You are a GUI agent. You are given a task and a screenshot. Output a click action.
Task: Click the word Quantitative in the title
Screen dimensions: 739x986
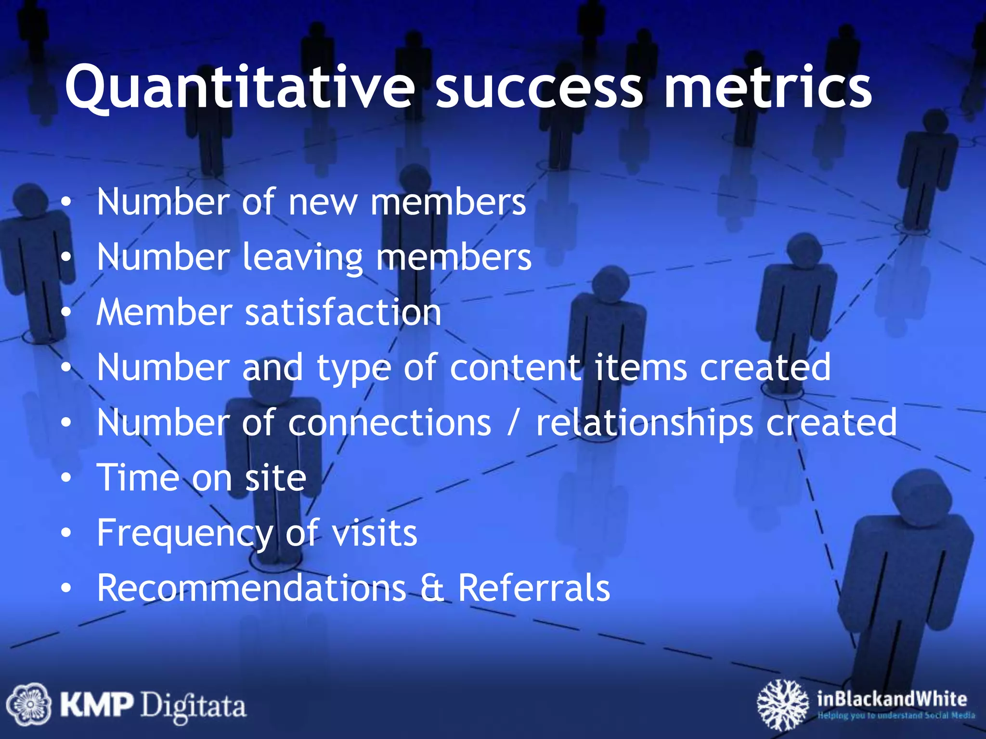239,88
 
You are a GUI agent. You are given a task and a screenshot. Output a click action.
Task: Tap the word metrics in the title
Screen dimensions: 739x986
767,88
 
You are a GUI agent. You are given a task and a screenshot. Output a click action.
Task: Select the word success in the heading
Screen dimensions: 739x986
539,88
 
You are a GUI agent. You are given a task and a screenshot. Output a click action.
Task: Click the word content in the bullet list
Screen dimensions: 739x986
515,368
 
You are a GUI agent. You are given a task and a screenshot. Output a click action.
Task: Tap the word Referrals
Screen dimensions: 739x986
534,588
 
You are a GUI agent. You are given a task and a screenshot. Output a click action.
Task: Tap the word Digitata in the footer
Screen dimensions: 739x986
193,706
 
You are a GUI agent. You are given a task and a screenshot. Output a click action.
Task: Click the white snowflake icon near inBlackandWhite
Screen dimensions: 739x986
782,704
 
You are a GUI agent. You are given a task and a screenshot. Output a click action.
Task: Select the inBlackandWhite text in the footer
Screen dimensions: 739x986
891,698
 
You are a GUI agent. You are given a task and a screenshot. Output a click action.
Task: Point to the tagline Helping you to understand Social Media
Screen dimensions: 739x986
896,715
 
